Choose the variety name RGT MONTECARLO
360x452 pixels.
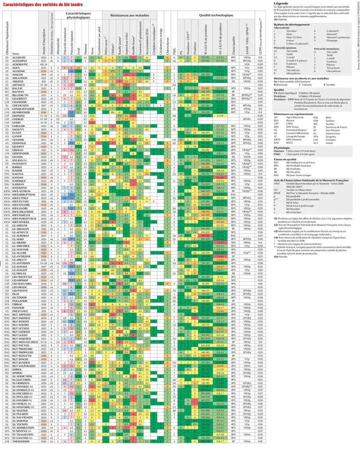[x=26, y=341]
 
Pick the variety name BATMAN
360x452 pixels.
[x=19, y=91]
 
